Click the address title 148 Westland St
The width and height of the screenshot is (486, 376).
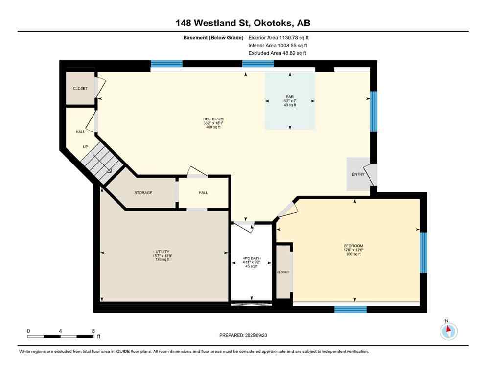click(x=243, y=23)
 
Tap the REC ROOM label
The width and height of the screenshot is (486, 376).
click(x=213, y=119)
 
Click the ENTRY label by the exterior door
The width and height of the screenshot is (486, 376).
click(x=358, y=174)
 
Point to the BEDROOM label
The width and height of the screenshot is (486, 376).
click(x=353, y=246)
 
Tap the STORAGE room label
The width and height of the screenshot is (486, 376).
click(x=143, y=193)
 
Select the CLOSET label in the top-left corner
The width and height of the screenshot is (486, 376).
click(x=80, y=89)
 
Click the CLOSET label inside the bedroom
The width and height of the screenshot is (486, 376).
click(x=283, y=272)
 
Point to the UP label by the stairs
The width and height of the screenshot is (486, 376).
click(x=85, y=147)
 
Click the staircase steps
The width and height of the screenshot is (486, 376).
click(x=101, y=161)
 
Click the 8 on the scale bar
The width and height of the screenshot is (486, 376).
click(x=93, y=331)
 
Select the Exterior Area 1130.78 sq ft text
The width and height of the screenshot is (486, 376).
click(x=279, y=37)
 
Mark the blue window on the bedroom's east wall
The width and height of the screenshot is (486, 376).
click(x=423, y=252)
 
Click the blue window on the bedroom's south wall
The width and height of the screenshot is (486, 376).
click(x=350, y=309)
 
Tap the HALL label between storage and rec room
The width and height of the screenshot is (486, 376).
click(x=203, y=193)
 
